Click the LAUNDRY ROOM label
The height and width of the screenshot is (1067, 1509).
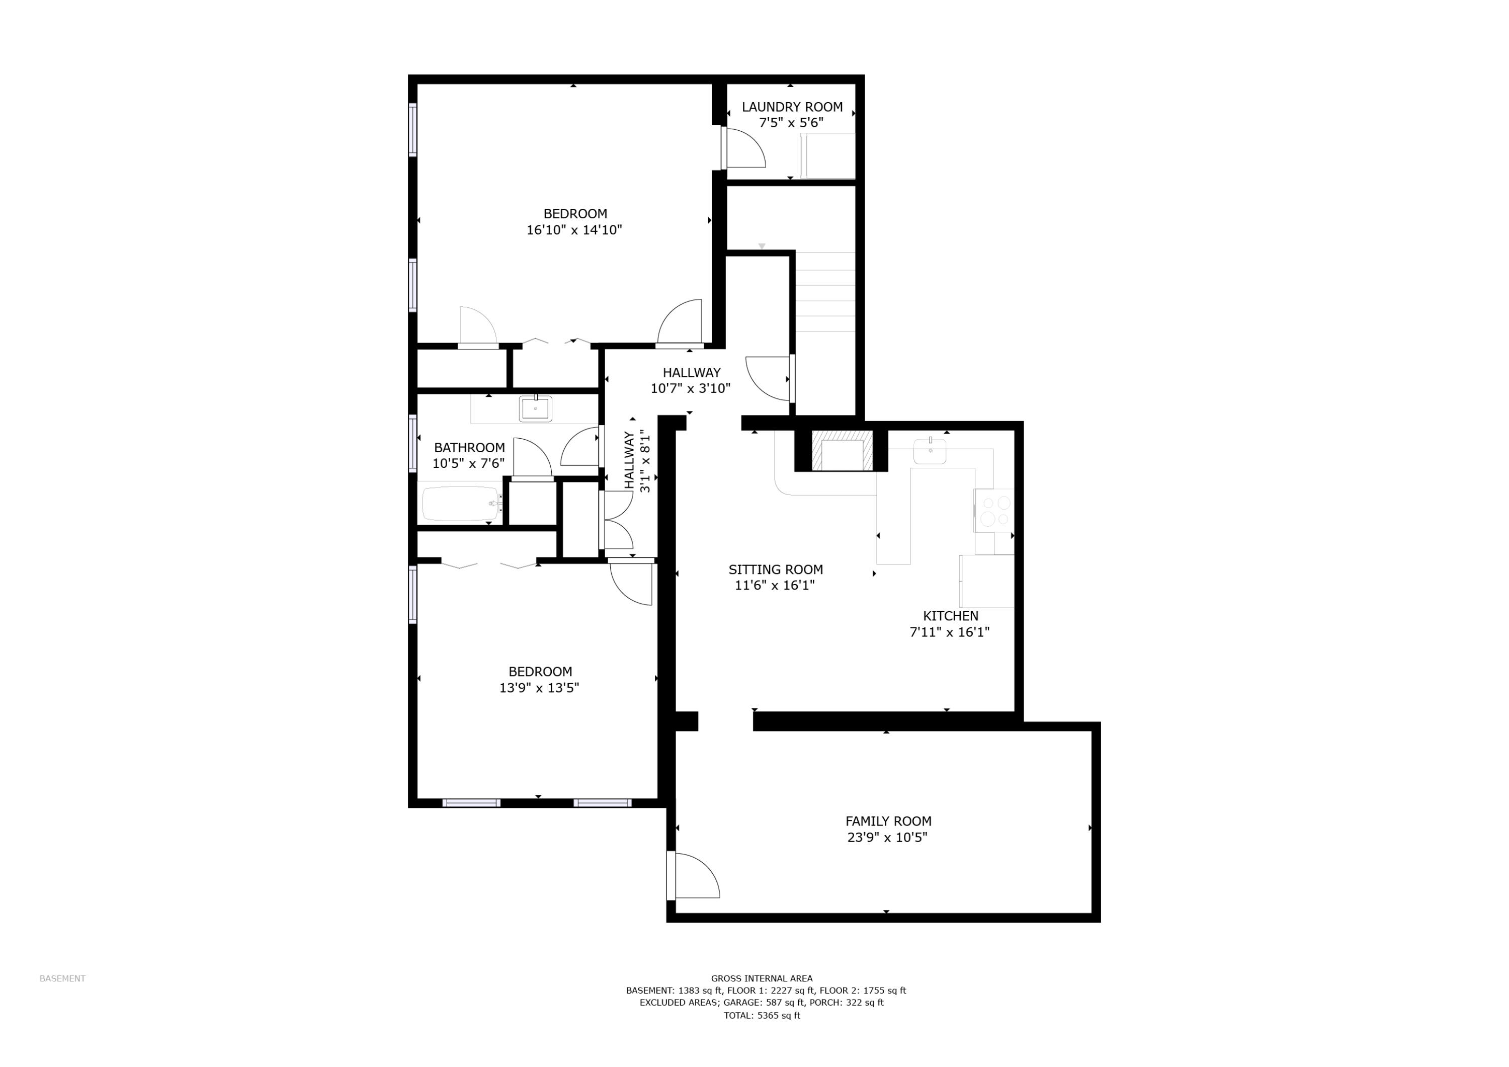tap(792, 107)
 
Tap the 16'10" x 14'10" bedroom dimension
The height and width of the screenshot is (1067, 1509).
tap(574, 230)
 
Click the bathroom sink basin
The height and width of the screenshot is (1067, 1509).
tap(535, 409)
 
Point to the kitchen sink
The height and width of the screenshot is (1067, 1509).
tap(930, 452)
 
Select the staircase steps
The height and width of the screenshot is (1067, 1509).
tap(825, 293)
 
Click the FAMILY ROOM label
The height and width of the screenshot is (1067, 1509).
tap(888, 821)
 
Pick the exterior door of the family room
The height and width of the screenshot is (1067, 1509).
tap(693, 876)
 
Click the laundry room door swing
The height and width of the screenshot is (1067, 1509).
tap(744, 148)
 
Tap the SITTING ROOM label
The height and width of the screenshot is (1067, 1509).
tap(776, 570)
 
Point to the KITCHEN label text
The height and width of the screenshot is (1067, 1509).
tap(950, 616)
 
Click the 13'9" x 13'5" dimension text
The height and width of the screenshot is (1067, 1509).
tap(539, 688)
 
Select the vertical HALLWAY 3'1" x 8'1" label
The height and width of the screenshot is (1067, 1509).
tap(637, 460)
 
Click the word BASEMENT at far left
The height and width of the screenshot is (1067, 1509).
tap(62, 979)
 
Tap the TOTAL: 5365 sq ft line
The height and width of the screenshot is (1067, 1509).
tap(762, 1016)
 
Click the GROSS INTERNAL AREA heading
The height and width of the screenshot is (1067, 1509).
tap(762, 979)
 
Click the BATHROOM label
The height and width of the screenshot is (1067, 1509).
tap(469, 448)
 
